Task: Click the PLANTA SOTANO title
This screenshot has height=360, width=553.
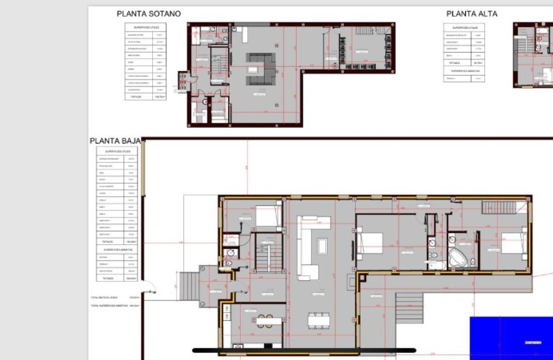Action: click(149, 14)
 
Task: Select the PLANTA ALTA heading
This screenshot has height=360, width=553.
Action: click(472, 14)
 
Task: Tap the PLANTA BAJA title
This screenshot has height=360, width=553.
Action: click(115, 141)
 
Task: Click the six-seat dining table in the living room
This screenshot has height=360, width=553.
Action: click(319, 320)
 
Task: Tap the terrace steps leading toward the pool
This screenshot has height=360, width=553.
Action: click(409, 308)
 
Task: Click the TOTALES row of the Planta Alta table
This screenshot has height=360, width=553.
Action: click(464, 63)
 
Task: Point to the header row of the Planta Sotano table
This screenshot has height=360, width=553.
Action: click(145, 27)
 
